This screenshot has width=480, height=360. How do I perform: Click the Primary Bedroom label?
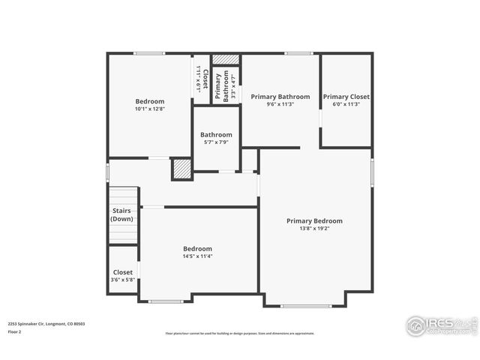314,220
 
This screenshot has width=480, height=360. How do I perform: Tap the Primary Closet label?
346,97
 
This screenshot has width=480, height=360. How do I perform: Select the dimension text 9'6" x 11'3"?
280,104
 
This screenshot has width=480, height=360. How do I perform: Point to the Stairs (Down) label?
122,215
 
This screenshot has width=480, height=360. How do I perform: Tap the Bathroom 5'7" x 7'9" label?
216,135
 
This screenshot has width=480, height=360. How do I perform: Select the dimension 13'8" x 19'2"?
314,229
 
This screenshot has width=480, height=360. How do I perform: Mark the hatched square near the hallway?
181,169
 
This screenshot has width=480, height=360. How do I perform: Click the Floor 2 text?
14,331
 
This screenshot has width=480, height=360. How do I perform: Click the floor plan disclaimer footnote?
239,334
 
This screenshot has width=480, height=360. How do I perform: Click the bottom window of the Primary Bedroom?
305,305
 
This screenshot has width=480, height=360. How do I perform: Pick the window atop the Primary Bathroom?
298,53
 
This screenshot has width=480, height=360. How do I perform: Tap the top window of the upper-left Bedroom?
149,53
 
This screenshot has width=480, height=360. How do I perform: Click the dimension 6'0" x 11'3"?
346,104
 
